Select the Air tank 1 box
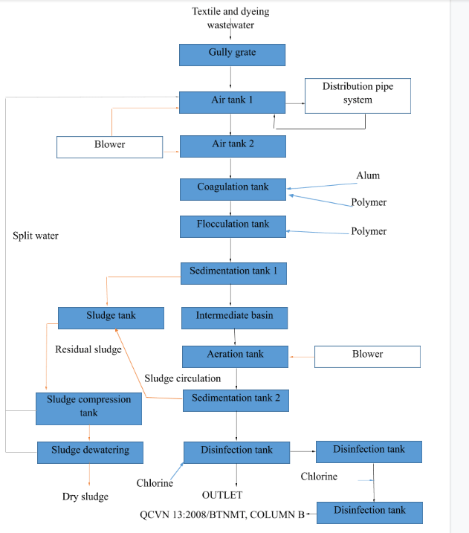pos(232,102)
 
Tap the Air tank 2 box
pos(233,146)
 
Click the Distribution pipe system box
pos(358,96)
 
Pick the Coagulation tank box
pos(233,189)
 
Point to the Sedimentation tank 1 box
pos(234,273)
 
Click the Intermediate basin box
pos(234,317)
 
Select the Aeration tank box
pos(235,356)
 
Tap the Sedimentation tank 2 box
pos(236,400)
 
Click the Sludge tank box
pos(111,317)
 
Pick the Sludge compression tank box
pos(88,408)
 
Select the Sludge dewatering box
pos(90,452)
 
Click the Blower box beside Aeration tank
pos(367,356)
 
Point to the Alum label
pos(368,175)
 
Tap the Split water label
pos(36,236)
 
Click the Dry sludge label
pos(85,497)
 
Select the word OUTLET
pos(222,495)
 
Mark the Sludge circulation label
pos(182,378)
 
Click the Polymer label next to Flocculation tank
pos(369,231)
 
